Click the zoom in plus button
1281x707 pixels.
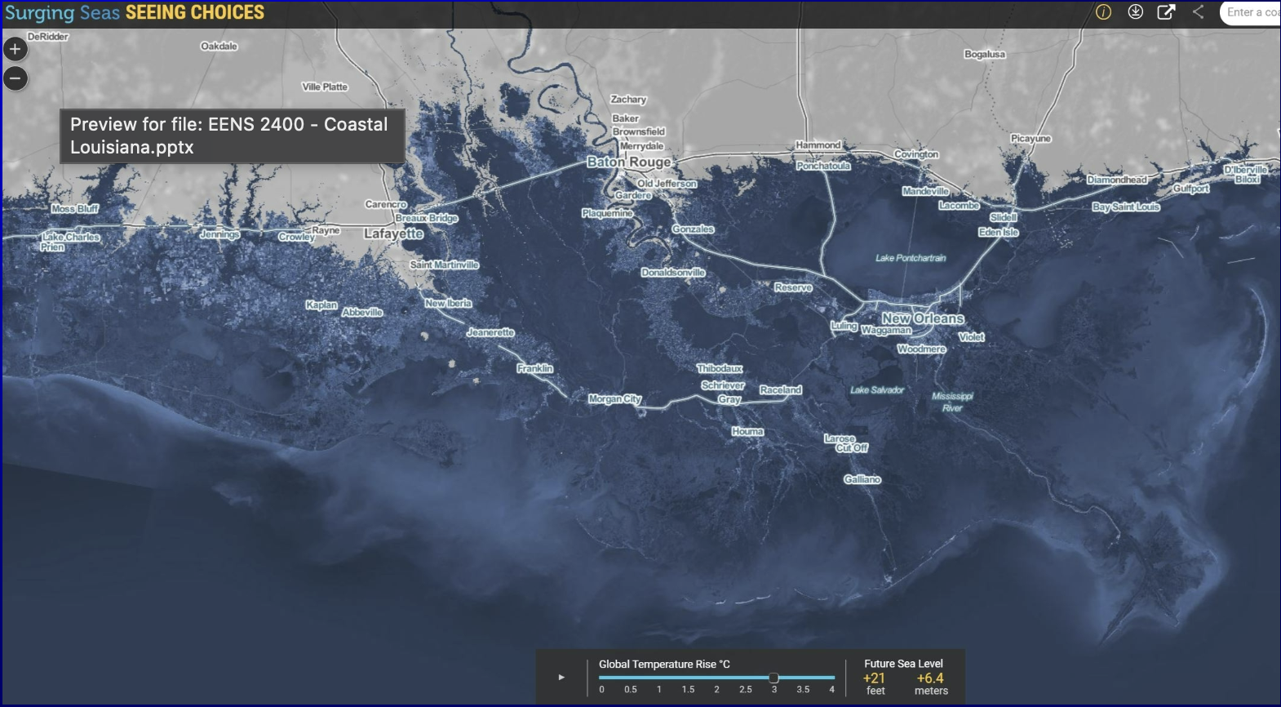16,49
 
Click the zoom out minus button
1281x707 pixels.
16,78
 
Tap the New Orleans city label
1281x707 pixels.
923,318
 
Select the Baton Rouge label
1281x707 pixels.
628,162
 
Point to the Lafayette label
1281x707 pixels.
393,233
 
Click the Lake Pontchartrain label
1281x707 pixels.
911,258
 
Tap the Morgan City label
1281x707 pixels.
614,399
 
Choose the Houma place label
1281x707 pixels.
747,431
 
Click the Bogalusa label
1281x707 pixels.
985,55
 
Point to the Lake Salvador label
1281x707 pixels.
877,390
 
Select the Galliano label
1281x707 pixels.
862,479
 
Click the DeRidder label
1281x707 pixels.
48,37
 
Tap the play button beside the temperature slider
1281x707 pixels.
561,677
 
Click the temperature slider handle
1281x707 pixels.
773,678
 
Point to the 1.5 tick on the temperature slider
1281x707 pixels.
688,690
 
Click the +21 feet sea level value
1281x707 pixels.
874,678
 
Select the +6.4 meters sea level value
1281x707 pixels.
930,678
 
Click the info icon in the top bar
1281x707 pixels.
1103,12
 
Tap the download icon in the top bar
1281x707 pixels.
1135,12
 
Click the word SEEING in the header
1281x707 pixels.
156,13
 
